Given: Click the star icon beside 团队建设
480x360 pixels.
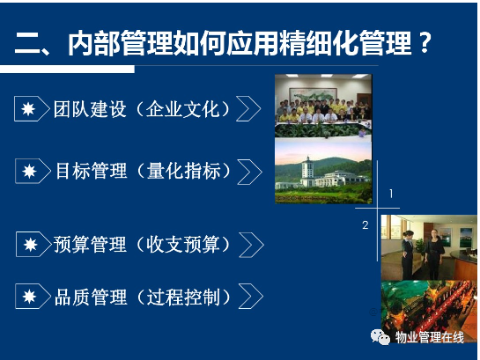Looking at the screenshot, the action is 28,109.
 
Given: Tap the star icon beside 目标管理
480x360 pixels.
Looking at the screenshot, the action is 29,172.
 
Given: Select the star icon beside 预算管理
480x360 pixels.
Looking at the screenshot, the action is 30,245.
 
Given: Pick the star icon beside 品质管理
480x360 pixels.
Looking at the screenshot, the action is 29,297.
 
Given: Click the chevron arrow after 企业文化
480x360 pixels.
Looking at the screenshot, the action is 248,108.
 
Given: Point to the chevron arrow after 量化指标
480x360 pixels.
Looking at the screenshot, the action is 250,172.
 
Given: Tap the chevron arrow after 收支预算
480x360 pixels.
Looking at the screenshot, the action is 251,245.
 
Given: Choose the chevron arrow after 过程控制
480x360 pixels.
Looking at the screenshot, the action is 251,296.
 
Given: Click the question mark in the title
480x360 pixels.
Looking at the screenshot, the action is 425,42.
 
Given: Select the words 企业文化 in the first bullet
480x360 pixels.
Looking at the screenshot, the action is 183,109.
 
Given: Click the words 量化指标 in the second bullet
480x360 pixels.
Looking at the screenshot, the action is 184,171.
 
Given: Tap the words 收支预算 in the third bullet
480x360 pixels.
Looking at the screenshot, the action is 183,245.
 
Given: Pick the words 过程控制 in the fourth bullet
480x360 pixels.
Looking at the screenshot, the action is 183,297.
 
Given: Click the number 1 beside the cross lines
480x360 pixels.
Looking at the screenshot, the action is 391,194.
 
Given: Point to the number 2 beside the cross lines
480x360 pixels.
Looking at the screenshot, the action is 366,225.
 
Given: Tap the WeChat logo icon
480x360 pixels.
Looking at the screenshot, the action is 380,337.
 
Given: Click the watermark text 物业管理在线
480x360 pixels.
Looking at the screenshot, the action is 429,337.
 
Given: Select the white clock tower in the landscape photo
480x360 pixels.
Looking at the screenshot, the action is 307,172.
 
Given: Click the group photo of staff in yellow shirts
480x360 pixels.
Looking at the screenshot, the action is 323,106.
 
